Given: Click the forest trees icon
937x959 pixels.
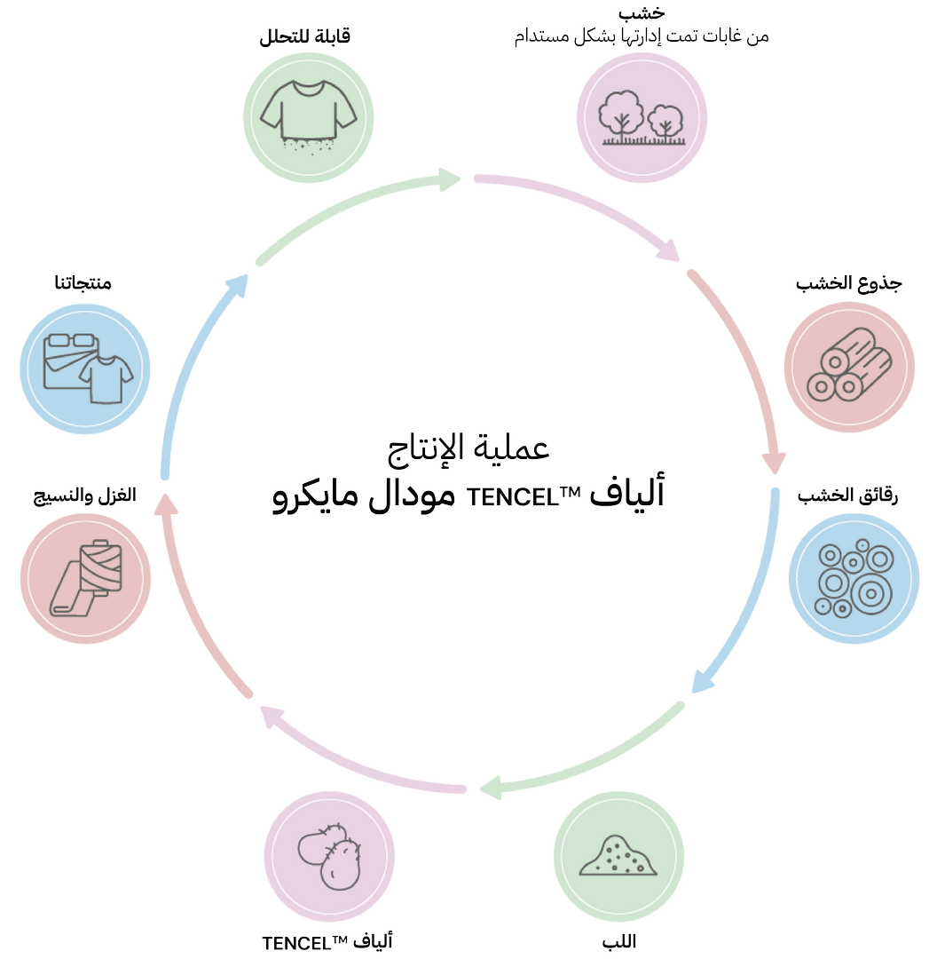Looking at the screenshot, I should pos(642,119).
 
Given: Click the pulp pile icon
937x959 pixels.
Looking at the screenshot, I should pos(618,856).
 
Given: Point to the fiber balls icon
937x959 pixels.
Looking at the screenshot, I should pos(329,857).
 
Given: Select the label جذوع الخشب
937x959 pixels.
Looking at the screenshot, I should pos(848,284).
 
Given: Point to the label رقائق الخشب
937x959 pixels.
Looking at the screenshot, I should pos(848,495).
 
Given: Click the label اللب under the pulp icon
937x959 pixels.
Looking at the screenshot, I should pos(618,941).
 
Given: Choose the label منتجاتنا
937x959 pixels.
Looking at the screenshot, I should pos(82,284).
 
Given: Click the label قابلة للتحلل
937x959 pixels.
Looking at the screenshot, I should pos(305,37).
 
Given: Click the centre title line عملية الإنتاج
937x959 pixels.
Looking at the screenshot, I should pos(470,448).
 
